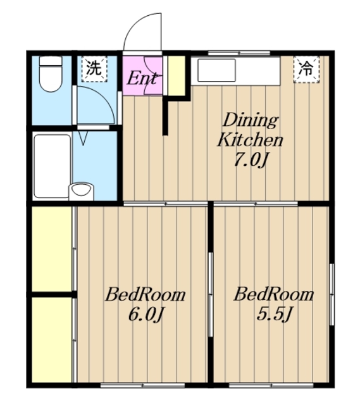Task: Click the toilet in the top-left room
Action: tap(51, 74)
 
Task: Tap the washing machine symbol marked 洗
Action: tap(94, 69)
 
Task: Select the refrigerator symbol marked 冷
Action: tap(306, 69)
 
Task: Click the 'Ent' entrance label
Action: tap(142, 78)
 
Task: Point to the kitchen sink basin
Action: tap(216, 70)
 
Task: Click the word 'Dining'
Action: tap(251, 120)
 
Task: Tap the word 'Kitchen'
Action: tap(250, 140)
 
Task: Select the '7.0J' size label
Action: tap(250, 160)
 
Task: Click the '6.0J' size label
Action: tap(146, 315)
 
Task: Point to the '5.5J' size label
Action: tap(274, 314)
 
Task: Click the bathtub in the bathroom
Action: tap(52, 166)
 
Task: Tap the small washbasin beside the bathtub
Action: tap(81, 191)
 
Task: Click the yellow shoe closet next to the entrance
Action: tap(177, 75)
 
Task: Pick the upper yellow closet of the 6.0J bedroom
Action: tap(52, 249)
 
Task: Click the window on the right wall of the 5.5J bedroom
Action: tap(332, 294)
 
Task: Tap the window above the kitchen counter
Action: tap(239, 53)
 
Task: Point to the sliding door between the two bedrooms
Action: tap(211, 294)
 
